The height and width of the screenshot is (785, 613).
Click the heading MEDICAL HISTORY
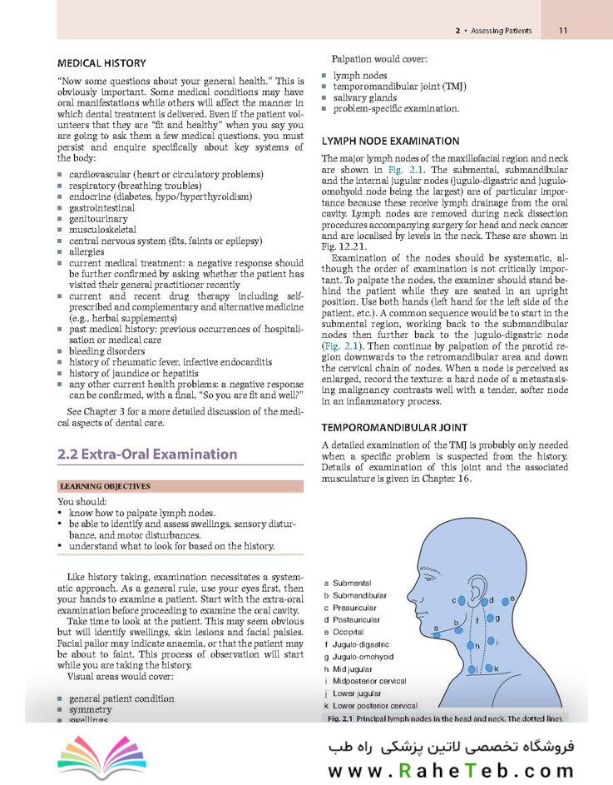pos(101,62)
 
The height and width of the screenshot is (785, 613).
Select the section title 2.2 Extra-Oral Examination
pos(147,455)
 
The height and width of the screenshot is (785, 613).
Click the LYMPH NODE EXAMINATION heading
pos(390,141)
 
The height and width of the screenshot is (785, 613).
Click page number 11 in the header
pos(563,31)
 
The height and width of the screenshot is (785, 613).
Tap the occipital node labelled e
pos(513,598)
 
